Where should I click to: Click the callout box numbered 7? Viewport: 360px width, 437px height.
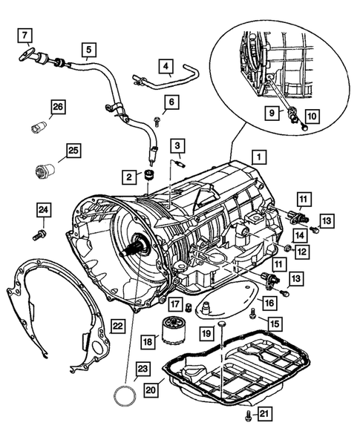25,35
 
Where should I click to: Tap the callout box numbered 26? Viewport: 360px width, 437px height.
59,107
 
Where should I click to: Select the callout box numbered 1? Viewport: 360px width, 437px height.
259,157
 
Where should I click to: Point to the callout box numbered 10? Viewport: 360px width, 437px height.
312,116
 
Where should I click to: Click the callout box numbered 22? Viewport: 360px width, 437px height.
117,326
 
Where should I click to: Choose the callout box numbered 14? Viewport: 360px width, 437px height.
300,235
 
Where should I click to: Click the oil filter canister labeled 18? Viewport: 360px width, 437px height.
171,330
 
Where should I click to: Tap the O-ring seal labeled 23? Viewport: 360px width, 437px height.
125,395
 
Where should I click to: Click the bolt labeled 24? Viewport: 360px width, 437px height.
39,235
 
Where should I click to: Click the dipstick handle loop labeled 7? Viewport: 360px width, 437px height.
27,54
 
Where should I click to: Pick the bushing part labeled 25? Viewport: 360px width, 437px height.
45,170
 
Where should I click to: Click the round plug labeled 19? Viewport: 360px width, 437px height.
222,323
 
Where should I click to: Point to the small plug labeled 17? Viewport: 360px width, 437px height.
189,308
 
